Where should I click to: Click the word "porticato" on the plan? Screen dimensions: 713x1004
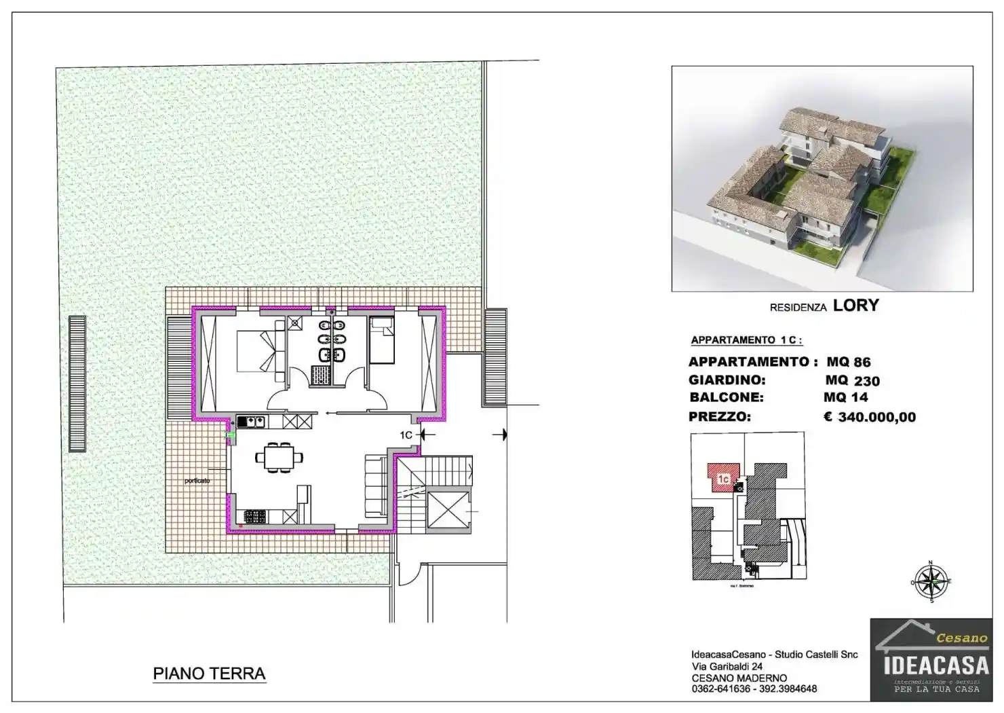click(x=197, y=481)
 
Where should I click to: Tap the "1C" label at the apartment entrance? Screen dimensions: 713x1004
click(x=406, y=435)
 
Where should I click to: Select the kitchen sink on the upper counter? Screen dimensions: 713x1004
click(x=251, y=422)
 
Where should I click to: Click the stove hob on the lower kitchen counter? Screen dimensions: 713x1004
click(x=255, y=517)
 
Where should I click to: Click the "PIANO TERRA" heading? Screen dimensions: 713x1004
click(x=209, y=674)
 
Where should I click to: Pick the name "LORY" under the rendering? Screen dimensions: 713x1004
click(x=855, y=306)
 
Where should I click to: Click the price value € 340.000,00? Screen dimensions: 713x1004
click(x=870, y=417)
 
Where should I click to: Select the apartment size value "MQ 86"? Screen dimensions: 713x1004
click(x=848, y=362)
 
